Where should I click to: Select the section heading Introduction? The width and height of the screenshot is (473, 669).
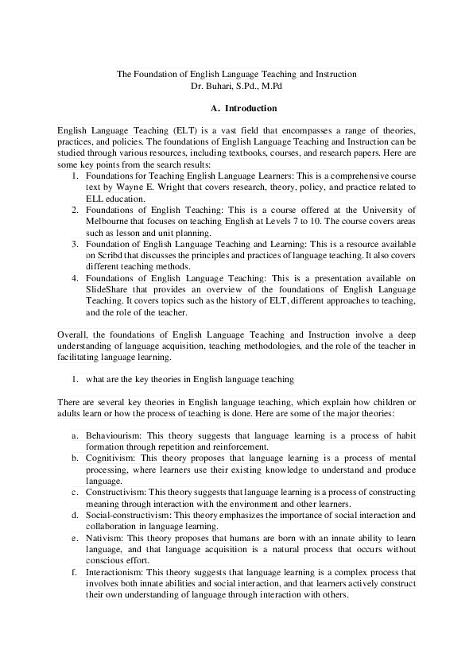(250, 108)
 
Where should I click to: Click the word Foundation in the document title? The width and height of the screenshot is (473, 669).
(153, 74)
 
